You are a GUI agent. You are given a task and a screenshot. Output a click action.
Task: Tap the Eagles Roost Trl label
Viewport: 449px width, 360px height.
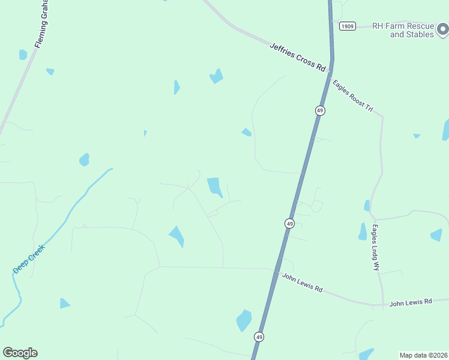click(x=353, y=96)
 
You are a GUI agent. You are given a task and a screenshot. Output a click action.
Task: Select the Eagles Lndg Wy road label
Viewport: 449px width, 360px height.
click(x=376, y=247)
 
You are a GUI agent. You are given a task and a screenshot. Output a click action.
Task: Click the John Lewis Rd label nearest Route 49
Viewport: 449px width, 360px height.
click(x=303, y=284)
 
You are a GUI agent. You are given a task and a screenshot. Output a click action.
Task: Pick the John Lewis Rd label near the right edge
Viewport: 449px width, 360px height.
click(x=411, y=301)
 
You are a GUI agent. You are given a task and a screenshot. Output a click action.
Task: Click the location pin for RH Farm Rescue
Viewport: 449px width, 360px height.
click(x=442, y=29)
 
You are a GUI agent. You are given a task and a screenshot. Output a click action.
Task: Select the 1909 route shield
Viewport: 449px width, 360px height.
click(x=347, y=26)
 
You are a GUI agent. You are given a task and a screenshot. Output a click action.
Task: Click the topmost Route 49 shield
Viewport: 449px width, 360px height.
click(x=320, y=110)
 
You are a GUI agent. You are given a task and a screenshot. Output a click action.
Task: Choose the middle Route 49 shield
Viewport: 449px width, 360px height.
click(x=289, y=223)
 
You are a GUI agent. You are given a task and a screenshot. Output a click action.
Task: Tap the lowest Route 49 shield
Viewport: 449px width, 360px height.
click(x=259, y=337)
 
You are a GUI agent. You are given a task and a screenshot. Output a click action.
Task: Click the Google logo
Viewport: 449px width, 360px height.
click(x=20, y=353)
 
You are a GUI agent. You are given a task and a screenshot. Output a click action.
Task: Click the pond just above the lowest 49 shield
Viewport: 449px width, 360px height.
click(x=244, y=320)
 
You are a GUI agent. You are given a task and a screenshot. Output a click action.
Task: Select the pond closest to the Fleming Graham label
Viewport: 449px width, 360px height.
click(x=23, y=55)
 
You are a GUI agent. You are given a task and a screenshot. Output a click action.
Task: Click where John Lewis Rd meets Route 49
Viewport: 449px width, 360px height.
click(x=278, y=270)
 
